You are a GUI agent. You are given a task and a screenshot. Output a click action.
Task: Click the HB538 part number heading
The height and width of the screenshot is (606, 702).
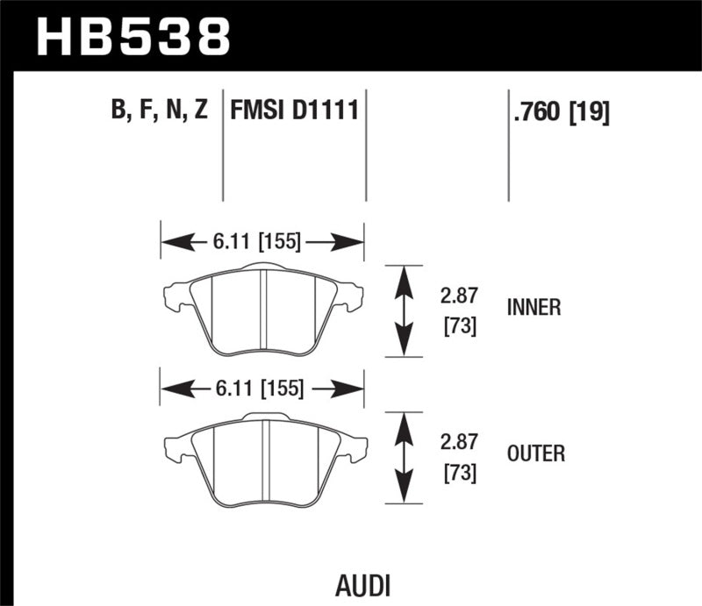(133, 37)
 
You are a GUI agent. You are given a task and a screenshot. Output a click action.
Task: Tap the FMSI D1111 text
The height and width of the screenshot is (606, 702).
(293, 111)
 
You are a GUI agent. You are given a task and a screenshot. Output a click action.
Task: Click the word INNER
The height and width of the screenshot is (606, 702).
(534, 308)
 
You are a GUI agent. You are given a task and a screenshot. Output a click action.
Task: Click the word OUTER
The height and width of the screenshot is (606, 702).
(535, 453)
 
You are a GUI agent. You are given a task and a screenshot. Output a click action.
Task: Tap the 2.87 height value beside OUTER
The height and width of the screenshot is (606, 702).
(458, 443)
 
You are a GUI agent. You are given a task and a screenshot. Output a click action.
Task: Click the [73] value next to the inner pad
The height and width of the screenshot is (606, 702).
(458, 326)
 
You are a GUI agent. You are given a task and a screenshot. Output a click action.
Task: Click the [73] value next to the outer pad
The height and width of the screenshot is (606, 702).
(458, 473)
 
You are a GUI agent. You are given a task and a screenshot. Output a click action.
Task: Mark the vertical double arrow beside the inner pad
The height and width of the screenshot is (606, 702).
(404, 310)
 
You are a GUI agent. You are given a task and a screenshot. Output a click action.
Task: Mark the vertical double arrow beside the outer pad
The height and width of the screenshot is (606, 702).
(404, 457)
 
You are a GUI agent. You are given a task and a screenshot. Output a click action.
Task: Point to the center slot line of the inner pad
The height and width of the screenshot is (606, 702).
(263, 311)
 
